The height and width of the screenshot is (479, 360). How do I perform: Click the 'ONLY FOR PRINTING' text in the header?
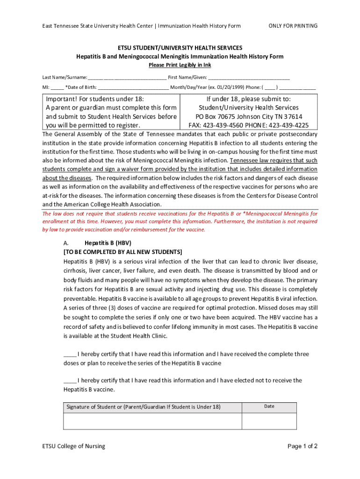pyautogui.click(x=293, y=26)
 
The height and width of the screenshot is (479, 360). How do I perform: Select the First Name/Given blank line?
pyautogui.click(x=249, y=77)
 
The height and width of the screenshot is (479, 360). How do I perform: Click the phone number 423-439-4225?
pyautogui.click(x=287, y=125)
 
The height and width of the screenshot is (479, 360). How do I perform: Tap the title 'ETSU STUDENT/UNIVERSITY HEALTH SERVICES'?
pyautogui.click(x=180, y=48)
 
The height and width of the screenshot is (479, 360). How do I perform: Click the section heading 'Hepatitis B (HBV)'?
pyautogui.click(x=108, y=243)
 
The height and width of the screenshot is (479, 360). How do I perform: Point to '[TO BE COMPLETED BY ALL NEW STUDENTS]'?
pyautogui.click(x=123, y=252)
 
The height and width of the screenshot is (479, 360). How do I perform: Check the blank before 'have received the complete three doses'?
pyautogui.click(x=70, y=354)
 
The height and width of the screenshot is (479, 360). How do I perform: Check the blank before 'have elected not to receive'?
pyautogui.click(x=70, y=380)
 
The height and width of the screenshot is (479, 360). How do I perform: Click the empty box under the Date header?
pyautogui.click(x=269, y=421)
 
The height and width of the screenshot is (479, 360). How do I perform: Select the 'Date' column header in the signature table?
pyautogui.click(x=269, y=406)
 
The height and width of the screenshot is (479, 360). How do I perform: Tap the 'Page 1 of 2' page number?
pyautogui.click(x=302, y=446)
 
